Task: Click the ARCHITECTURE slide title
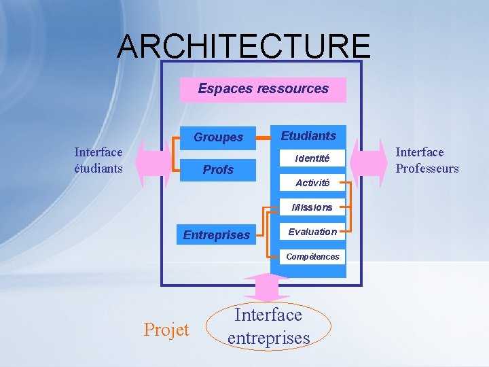pos(244,46)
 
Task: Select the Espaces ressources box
pos(263,89)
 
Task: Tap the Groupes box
pos(218,137)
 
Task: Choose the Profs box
pos(218,170)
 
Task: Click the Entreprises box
pos(217,235)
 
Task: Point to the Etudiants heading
pos(308,136)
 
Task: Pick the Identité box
pos(312,158)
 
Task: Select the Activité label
pos(312,183)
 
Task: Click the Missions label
pos(312,207)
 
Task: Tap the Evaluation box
pos(312,232)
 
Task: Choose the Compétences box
pos(312,256)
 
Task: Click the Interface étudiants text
pos(98,160)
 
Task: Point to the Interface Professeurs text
pos(427,160)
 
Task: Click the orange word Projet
pos(166,330)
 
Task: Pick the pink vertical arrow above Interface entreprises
pos(266,286)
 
